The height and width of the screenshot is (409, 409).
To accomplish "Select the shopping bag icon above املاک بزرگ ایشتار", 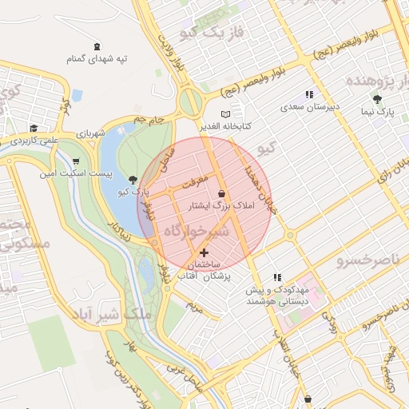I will (x=221, y=193).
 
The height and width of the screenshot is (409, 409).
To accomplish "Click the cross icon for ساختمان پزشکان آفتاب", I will (x=204, y=252).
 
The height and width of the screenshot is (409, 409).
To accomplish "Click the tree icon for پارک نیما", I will (x=377, y=100).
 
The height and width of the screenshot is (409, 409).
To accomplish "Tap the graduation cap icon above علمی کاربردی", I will (x=34, y=128).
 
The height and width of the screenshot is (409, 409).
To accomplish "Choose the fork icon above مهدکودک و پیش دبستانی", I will (x=277, y=276).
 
